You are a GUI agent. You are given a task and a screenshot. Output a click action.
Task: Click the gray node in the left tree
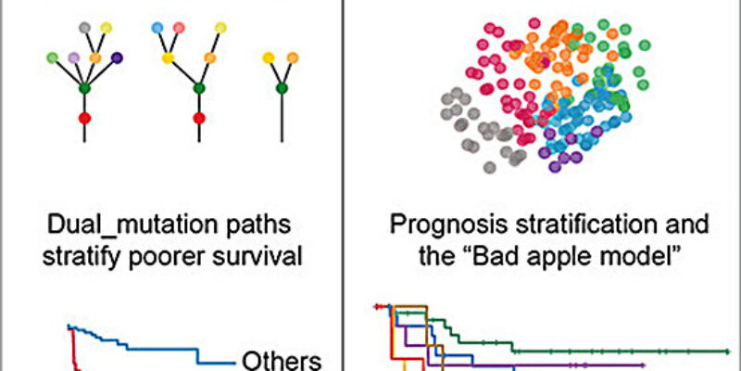[x=85, y=29]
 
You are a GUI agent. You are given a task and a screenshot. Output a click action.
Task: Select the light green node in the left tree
[x=53, y=58]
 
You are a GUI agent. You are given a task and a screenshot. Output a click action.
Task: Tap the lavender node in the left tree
[x=74, y=58]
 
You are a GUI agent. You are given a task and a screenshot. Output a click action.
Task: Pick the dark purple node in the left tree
[x=117, y=58]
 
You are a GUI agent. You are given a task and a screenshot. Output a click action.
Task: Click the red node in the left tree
[x=85, y=119]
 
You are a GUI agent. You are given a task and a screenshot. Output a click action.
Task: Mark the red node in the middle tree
[x=198, y=119]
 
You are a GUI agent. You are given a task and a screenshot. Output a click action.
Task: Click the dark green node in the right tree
[x=281, y=89]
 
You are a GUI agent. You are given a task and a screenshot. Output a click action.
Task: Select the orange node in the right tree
[x=292, y=58]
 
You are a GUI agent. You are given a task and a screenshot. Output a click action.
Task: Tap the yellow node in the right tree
[x=269, y=58]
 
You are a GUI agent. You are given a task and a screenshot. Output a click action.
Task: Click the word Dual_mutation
[x=131, y=224]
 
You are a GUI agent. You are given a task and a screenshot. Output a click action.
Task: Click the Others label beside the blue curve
[x=282, y=360]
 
